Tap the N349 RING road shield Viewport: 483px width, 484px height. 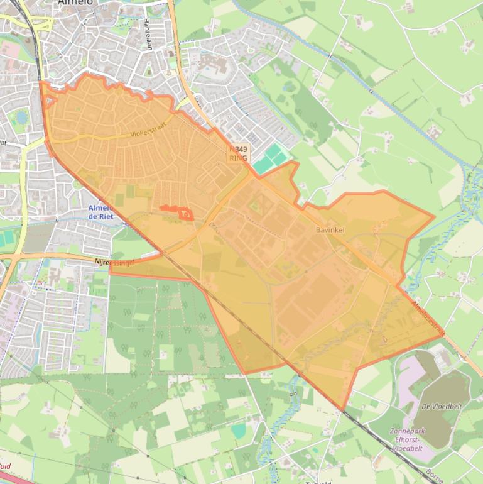[x=239, y=153]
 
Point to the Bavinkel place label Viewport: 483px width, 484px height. [x=330, y=231]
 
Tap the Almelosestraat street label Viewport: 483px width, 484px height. [x=429, y=317]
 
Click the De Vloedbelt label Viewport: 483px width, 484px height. [x=442, y=407]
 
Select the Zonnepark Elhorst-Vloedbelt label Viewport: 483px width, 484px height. [x=413, y=436]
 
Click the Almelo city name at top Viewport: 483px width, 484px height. [x=75, y=3]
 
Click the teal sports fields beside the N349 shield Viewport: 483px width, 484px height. [x=270, y=157]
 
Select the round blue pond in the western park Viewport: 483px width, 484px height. [x=21, y=117]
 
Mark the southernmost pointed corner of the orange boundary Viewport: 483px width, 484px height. [x=343, y=410]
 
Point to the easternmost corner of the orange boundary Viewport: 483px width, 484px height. [x=444, y=336]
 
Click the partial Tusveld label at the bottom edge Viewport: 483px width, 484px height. [x=317, y=482]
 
